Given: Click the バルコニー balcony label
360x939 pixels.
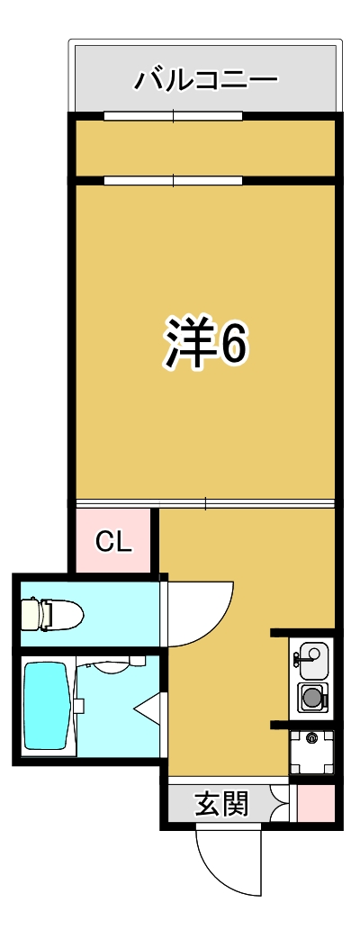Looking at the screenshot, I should click(206, 80).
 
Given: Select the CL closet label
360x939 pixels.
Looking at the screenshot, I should click(114, 541).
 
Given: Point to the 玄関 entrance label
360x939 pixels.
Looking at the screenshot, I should click(221, 802).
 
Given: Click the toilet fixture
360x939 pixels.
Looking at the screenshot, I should click(52, 615).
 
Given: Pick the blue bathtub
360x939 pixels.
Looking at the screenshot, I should click(47, 706).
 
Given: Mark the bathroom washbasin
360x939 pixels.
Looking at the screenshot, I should click(108, 667).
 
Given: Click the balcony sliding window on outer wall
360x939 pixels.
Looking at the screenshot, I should click(173, 115).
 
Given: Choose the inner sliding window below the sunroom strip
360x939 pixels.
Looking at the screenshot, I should click(173, 180).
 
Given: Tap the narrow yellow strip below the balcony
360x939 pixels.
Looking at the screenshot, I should click(205, 149).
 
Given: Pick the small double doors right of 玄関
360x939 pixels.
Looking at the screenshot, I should click(279, 802).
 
